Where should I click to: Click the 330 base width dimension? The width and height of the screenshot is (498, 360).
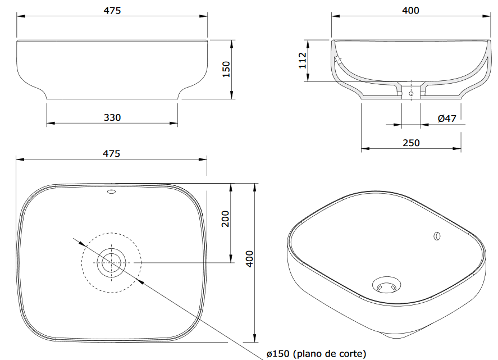112,117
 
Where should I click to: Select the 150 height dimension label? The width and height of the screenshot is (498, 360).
226,69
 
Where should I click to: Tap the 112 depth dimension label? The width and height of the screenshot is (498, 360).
303,60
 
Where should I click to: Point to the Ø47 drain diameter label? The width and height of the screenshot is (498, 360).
447,119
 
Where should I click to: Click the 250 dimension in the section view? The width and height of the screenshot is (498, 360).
412,143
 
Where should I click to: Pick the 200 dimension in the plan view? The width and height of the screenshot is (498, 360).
225,218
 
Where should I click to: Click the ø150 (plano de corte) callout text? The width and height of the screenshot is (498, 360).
316,354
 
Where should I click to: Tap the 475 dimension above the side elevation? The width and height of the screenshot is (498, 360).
112,11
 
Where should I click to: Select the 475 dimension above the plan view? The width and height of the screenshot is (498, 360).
112,153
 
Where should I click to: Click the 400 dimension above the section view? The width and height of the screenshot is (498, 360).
410,11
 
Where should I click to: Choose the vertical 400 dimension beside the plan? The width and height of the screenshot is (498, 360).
250,259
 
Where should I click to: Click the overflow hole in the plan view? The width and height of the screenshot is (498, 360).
112,192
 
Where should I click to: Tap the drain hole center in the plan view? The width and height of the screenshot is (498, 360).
112,262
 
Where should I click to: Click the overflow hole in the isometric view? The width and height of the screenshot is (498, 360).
437,236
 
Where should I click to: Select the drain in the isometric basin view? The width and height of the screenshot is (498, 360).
386,285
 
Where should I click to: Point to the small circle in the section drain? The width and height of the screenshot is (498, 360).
411,93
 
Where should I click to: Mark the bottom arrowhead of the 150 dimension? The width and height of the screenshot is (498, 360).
231,95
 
